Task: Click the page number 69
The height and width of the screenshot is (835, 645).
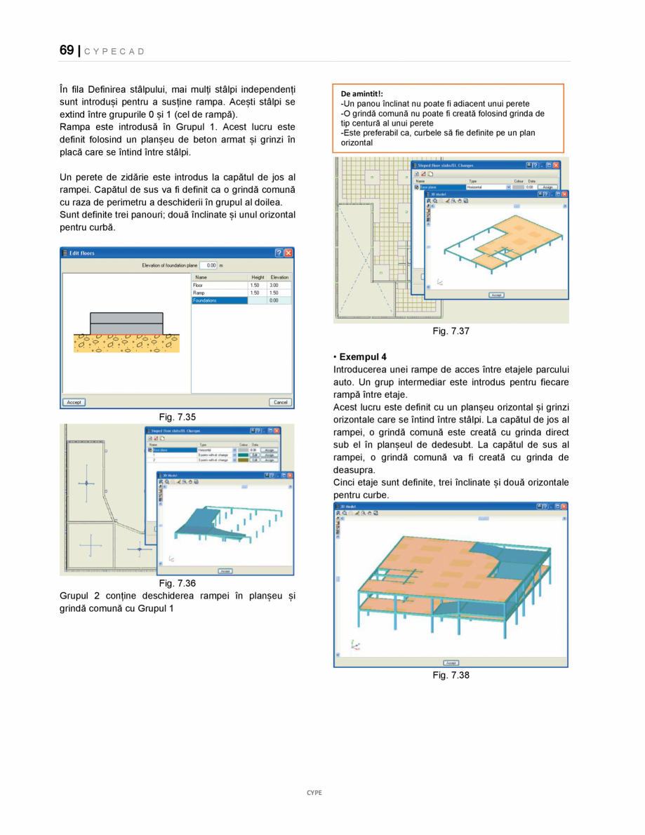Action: pyautogui.click(x=67, y=50)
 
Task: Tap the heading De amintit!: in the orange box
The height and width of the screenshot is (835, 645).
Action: pyautogui.click(x=361, y=93)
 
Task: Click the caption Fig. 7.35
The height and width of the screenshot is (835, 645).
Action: pyautogui.click(x=177, y=417)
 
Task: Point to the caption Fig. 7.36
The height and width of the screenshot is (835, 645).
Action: pyautogui.click(x=177, y=583)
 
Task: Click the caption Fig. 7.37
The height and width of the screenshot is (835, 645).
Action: pyautogui.click(x=451, y=331)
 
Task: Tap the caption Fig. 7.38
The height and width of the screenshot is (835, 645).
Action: pyautogui.click(x=451, y=675)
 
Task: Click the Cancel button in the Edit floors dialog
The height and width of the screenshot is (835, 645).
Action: pyautogui.click(x=280, y=402)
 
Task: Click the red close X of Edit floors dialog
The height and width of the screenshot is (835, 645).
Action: pyautogui.click(x=288, y=253)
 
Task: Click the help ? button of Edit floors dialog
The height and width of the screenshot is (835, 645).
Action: pyautogui.click(x=279, y=253)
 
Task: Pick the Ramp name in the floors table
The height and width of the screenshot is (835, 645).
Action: pyautogui.click(x=199, y=293)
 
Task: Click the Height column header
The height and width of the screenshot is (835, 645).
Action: pyautogui.click(x=258, y=277)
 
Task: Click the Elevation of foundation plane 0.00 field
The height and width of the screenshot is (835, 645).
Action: pyautogui.click(x=208, y=265)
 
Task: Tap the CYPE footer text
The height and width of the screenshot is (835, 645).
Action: pyautogui.click(x=314, y=792)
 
